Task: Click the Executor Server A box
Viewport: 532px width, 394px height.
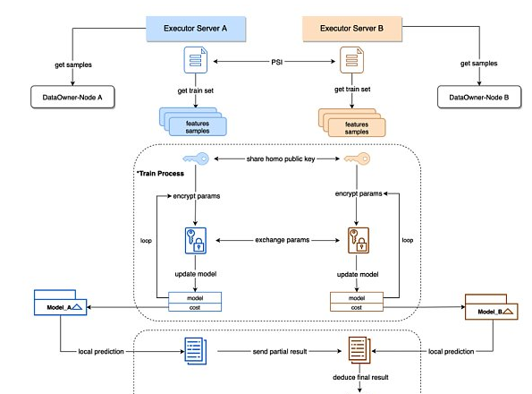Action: (196, 29)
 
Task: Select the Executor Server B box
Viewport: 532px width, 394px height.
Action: (352, 29)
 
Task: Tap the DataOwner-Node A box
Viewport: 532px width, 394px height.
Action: (72, 97)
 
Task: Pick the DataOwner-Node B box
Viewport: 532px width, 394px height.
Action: (478, 97)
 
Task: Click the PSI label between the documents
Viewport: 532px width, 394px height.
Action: (277, 62)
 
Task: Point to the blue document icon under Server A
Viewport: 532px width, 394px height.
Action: (196, 60)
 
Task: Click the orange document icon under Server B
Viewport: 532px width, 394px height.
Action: (352, 60)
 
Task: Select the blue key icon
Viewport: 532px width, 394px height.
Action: (196, 158)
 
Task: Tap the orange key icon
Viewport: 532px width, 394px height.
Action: (357, 158)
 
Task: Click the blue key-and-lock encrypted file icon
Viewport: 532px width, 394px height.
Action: (196, 241)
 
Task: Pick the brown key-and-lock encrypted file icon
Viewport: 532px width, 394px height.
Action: (358, 241)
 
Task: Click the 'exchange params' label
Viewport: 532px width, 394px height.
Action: (283, 240)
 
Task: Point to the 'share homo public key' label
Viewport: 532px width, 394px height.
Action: (281, 158)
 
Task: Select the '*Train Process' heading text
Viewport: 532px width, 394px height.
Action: (160, 173)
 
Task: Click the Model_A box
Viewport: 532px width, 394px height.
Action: (61, 303)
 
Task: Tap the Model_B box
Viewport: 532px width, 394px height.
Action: (491, 307)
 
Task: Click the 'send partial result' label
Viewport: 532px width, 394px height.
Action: (280, 352)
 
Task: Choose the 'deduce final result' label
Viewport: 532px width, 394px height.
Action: (360, 377)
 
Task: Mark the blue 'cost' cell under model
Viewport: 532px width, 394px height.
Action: (195, 307)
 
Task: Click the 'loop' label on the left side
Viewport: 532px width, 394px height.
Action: (146, 241)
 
